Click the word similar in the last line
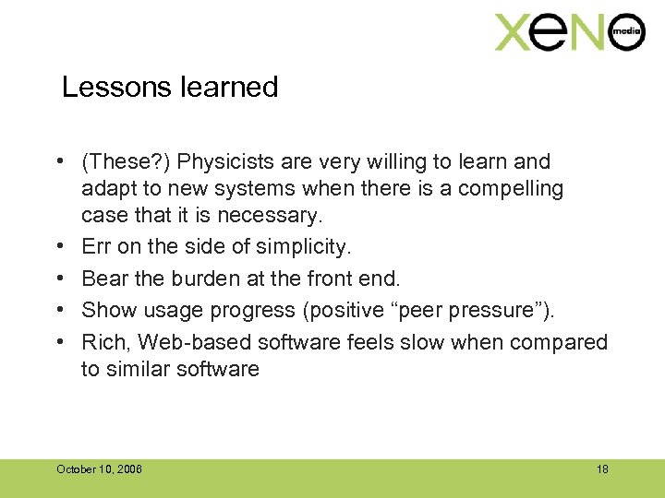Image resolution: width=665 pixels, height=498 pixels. pyautogui.click(x=139, y=369)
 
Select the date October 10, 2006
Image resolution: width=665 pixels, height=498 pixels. pyautogui.click(x=99, y=469)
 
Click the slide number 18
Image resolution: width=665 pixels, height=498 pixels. pyautogui.click(x=602, y=469)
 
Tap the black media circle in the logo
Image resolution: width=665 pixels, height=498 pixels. pyautogui.click(x=625, y=33)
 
